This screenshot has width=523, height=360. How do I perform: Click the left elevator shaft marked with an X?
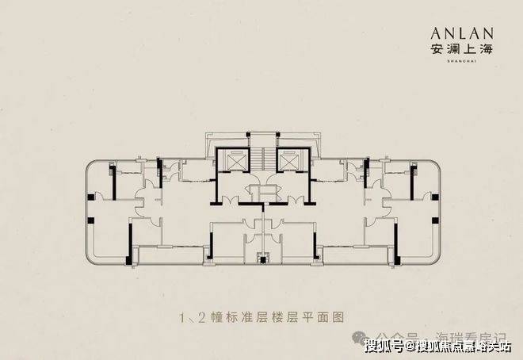[237, 157]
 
